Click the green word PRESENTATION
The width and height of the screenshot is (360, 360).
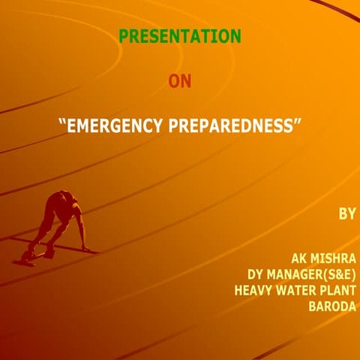coord(180,35)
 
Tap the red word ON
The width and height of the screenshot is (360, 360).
coord(180,80)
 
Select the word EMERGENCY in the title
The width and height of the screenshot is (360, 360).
coord(110,126)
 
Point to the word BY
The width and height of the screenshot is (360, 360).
coord(346,214)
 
